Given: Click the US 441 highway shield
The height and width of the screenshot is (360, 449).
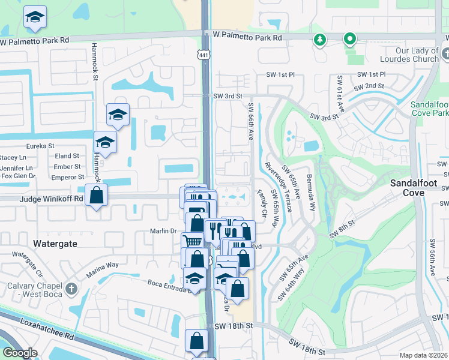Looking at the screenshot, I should tap(205, 54).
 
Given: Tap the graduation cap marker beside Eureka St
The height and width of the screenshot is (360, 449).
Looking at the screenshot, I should tap(105, 143).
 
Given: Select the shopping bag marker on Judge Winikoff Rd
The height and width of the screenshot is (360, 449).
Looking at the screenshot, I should tap(96, 195).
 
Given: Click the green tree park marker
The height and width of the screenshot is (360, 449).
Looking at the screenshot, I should tap(319, 40).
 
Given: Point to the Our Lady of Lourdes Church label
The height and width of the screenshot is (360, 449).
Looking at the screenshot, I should tap(409, 55).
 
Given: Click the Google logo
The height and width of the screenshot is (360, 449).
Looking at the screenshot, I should tap(19, 353).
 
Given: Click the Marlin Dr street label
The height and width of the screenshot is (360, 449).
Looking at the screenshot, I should tap(162, 231).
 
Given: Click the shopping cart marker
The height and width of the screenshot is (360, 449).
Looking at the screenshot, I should tap(191, 241).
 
